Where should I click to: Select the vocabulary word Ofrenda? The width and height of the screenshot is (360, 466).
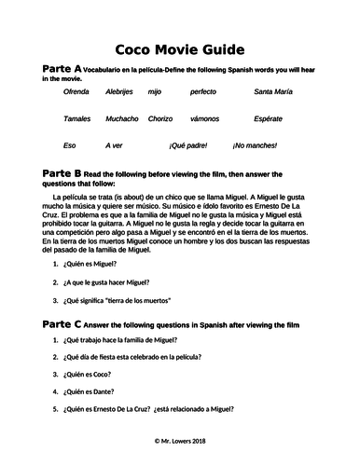coord(76,93)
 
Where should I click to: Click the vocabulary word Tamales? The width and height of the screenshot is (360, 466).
coord(77,119)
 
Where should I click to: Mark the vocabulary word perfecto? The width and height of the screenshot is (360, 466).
coord(202,93)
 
